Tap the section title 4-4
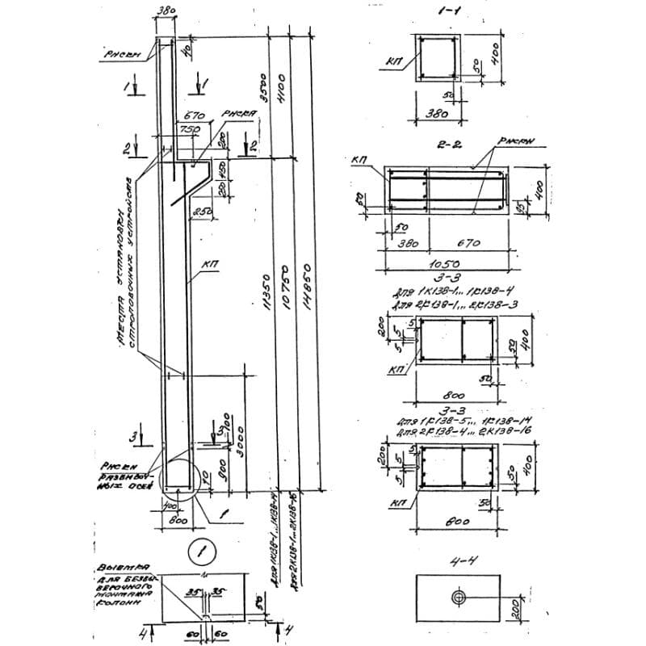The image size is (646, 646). tap(457, 557)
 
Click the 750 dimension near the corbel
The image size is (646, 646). tap(191, 129)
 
